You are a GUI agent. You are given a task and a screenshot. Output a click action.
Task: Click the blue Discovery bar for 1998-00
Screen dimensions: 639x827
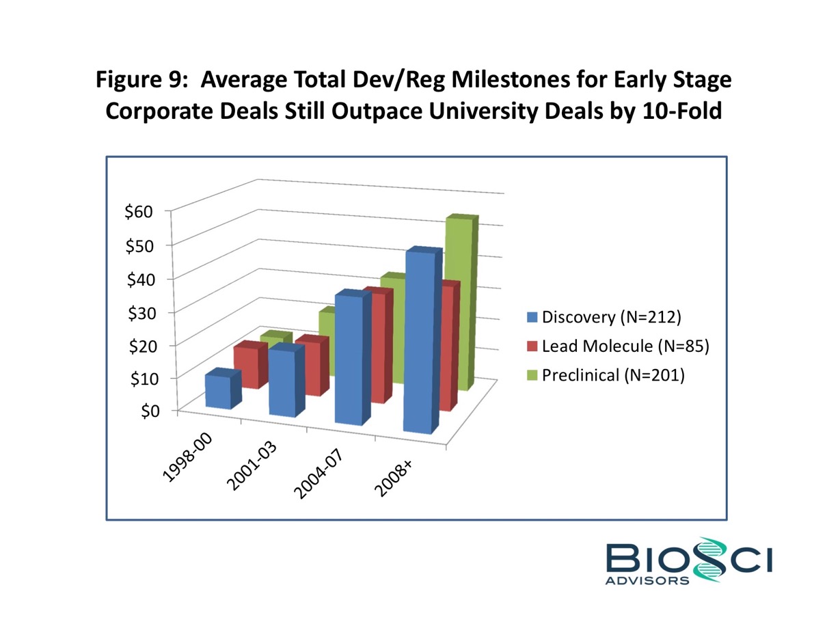[x=218, y=391]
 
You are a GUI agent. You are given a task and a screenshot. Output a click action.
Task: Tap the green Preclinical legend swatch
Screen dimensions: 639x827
[x=533, y=375]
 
